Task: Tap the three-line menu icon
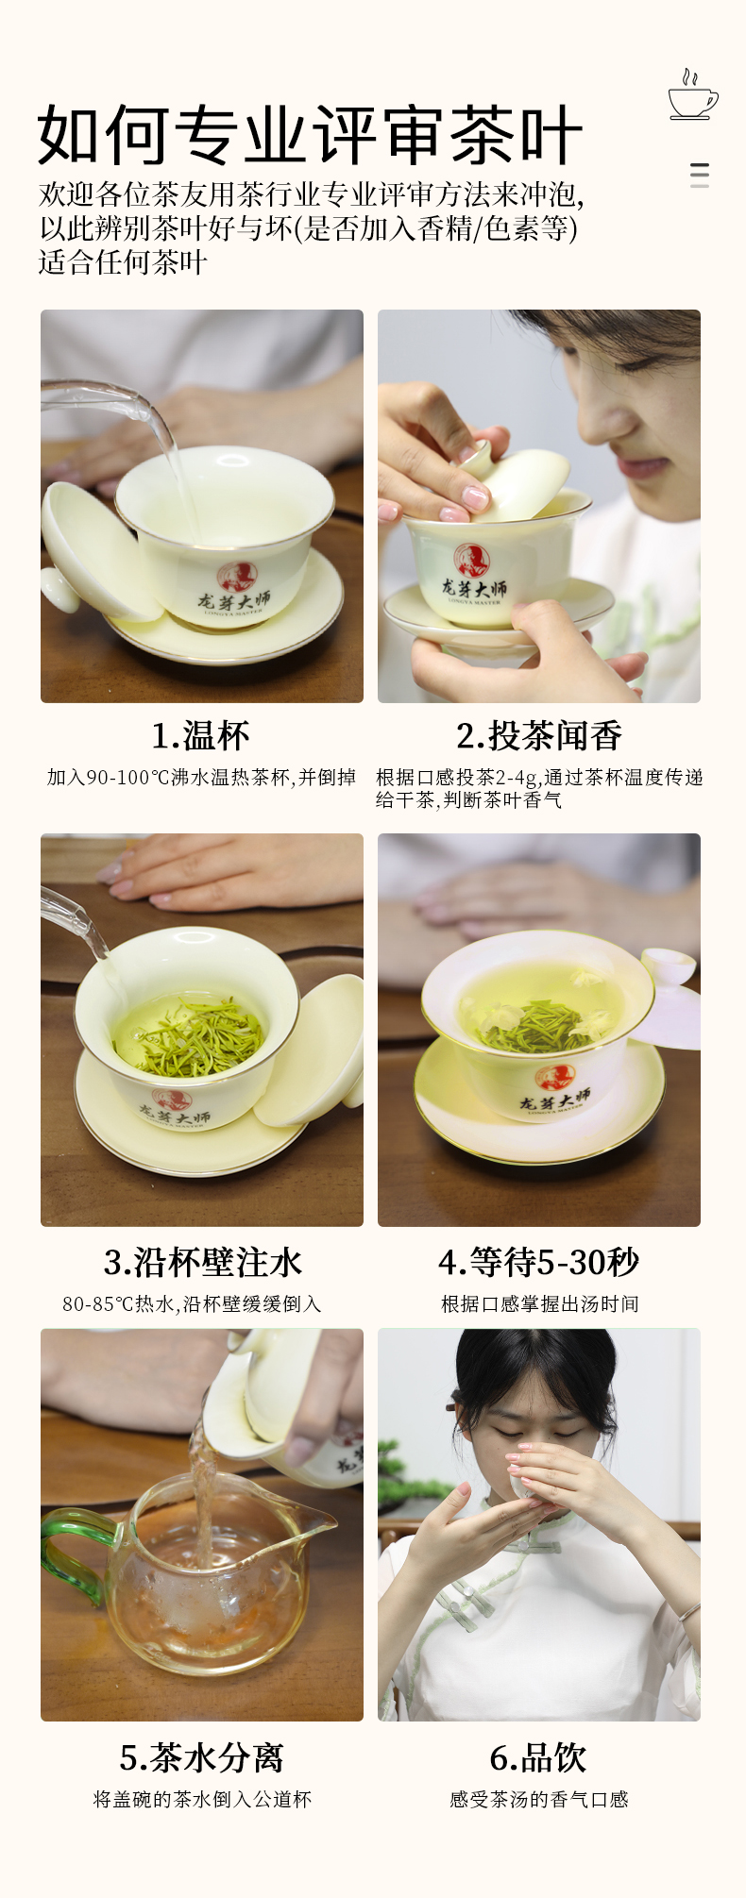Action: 700,175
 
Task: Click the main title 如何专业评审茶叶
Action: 310,135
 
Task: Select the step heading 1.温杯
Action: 201,735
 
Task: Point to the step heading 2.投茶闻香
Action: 539,735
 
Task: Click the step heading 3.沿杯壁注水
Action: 202,1262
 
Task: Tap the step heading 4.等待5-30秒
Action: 539,1262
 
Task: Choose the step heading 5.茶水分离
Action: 202,1757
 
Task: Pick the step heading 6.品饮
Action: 539,1757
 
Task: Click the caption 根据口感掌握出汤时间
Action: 540,1303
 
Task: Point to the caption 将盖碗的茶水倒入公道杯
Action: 202,1799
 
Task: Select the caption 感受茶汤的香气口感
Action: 539,1799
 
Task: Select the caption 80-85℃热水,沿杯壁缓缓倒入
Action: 192,1303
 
